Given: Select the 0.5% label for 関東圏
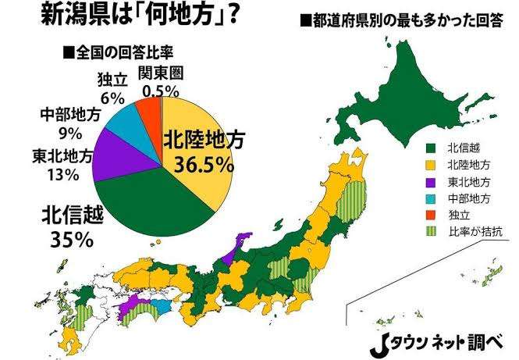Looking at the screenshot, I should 162,91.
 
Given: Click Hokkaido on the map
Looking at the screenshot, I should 414,86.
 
